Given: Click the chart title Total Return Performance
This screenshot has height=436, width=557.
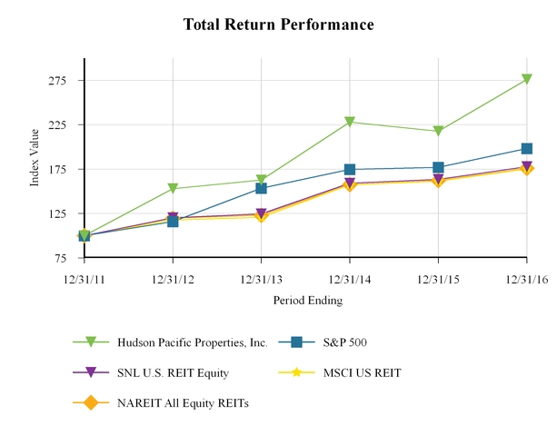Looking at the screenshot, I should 278,24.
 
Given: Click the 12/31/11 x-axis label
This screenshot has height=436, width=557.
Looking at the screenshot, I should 84,280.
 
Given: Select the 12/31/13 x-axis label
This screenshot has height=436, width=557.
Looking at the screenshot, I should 261,280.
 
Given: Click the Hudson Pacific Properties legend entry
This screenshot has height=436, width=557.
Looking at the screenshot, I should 192,342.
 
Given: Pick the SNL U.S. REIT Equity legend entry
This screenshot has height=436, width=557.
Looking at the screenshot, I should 172,372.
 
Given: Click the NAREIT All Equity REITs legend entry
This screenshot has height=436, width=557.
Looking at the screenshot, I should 182,402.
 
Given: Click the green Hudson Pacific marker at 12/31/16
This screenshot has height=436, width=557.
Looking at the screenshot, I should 527,80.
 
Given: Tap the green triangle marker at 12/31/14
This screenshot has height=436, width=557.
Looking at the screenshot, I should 350,122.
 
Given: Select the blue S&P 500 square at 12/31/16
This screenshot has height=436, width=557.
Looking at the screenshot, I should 527,148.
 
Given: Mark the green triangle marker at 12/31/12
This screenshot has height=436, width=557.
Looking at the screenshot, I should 173,189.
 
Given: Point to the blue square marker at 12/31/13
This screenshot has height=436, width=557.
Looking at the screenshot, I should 261,188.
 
